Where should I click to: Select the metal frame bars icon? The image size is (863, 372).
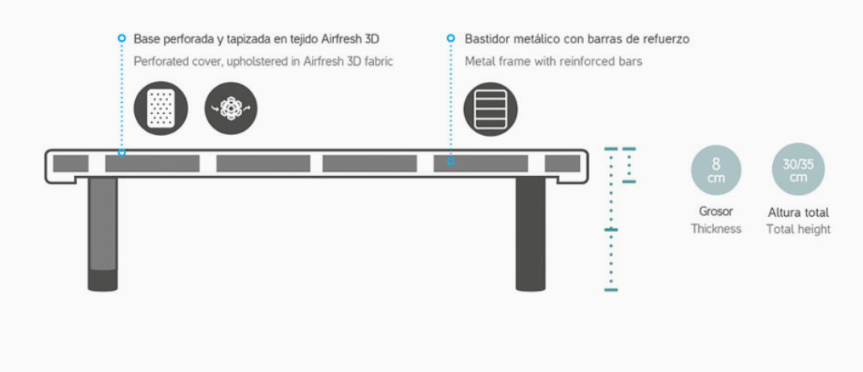[x=491, y=108]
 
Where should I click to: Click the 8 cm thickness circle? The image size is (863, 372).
[x=716, y=170]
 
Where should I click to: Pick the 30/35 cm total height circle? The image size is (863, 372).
[x=798, y=170]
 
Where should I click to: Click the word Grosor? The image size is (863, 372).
[x=716, y=212]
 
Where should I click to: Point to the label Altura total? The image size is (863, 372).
[x=798, y=212]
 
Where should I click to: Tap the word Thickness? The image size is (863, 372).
[x=716, y=229]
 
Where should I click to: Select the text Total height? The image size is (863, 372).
[x=798, y=229]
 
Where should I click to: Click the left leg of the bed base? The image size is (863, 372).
[x=103, y=233]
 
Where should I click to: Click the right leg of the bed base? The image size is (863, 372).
[x=530, y=233]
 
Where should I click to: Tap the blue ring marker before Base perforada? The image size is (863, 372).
[x=121, y=38]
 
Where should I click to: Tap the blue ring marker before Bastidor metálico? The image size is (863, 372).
[x=451, y=38]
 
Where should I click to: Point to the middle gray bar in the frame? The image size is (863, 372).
[x=263, y=163]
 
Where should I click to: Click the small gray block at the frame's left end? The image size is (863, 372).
[x=71, y=163]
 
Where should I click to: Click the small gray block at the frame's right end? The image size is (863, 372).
[x=562, y=163]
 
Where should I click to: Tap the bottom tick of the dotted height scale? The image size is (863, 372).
[x=611, y=289]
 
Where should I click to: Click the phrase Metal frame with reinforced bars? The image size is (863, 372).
[x=553, y=61]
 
